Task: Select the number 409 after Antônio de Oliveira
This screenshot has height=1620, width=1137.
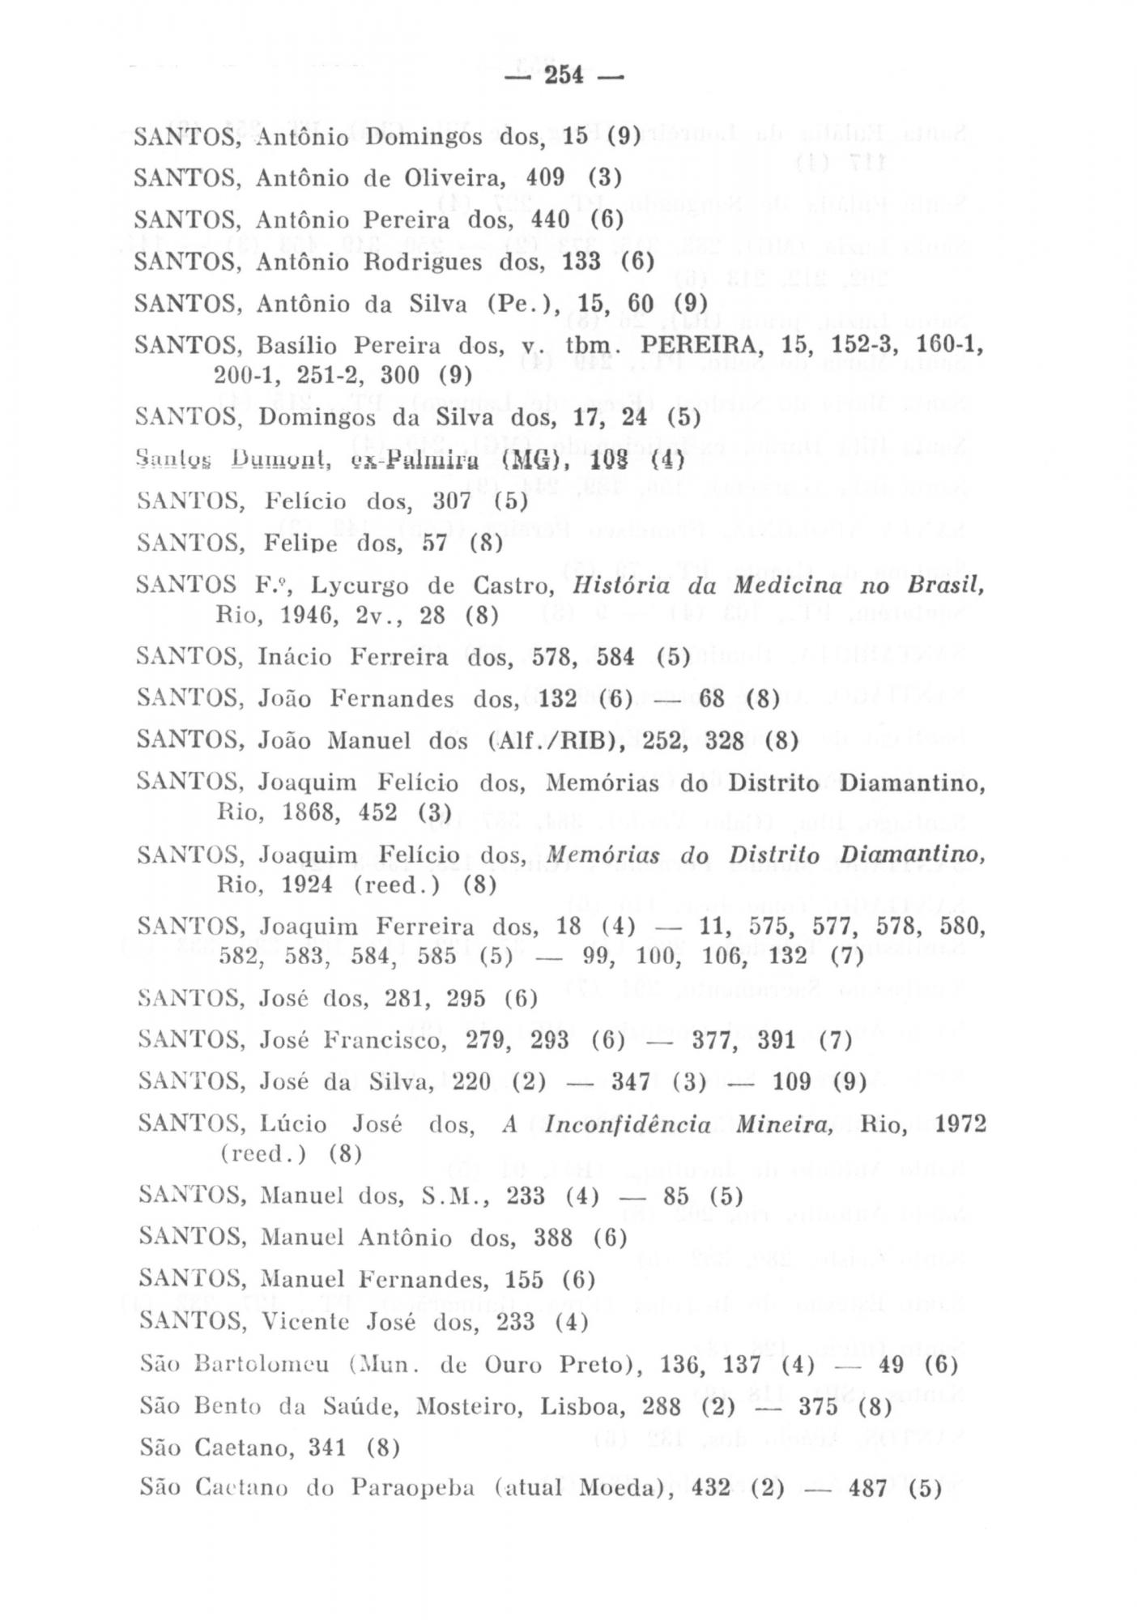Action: pyautogui.click(x=544, y=177)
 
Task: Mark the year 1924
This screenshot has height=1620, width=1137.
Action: pyautogui.click(x=308, y=885)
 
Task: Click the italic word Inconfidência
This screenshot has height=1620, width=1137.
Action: pyautogui.click(x=628, y=1125)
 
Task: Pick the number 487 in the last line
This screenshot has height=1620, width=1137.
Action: pyautogui.click(x=868, y=1489)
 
